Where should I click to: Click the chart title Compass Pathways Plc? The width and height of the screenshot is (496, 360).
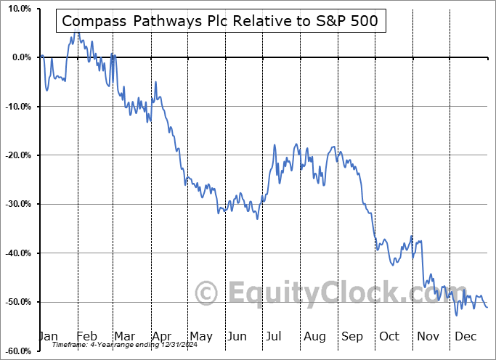[220, 21]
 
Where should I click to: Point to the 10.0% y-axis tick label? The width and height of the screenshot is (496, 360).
[17, 9]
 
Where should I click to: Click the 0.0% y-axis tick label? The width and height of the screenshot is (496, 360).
[19, 57]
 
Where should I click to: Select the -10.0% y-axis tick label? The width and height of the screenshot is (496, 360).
[16, 107]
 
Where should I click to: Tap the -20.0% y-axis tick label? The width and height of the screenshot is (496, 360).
[16, 155]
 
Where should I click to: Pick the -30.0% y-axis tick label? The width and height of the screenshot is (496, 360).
[16, 204]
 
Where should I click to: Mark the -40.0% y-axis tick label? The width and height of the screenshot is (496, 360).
[16, 253]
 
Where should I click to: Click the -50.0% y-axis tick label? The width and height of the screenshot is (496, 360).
[16, 302]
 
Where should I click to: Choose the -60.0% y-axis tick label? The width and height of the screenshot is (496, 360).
[16, 351]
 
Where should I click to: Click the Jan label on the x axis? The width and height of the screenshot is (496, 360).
[48, 336]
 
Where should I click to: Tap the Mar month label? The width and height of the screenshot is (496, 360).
[124, 336]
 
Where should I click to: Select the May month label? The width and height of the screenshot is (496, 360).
[200, 336]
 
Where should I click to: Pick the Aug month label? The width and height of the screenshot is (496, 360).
[315, 336]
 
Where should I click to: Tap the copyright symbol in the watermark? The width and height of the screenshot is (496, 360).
[208, 293]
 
